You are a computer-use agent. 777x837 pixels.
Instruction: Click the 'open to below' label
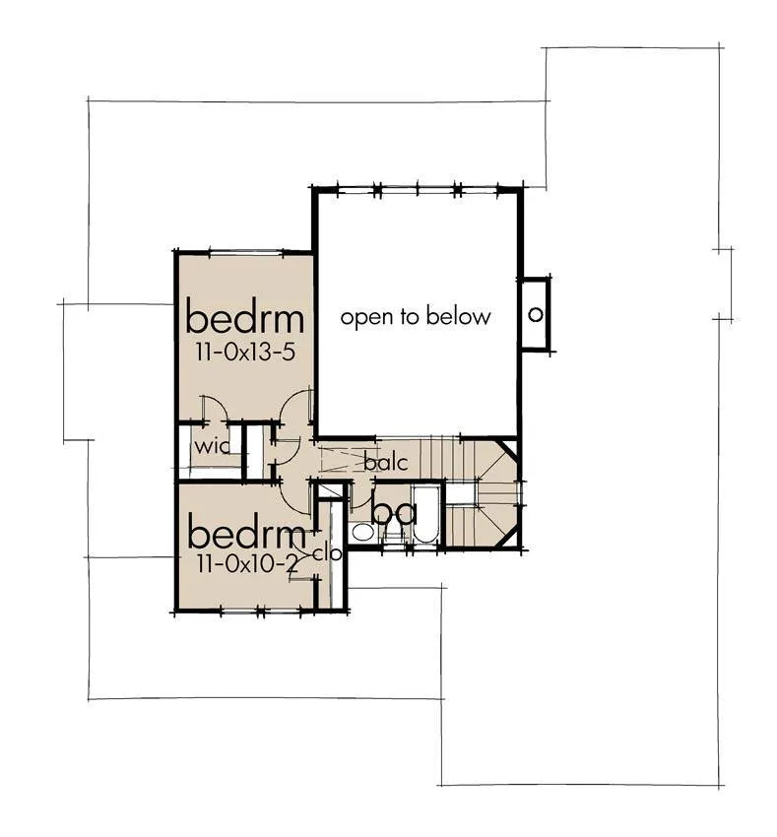(416, 317)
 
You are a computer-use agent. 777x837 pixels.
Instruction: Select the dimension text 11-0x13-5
(245, 353)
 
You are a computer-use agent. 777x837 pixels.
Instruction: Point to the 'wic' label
(212, 446)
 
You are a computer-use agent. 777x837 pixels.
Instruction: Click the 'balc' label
(386, 462)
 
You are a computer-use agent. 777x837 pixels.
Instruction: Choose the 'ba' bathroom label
(394, 512)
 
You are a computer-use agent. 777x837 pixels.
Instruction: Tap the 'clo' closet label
(327, 553)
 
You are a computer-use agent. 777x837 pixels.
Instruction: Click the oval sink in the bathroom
(363, 532)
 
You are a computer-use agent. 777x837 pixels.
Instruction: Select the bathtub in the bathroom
(425, 514)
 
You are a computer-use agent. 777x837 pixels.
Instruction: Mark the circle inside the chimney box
(535, 314)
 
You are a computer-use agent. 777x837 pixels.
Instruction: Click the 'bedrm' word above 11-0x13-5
(245, 318)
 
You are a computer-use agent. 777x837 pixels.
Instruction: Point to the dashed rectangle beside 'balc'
(349, 460)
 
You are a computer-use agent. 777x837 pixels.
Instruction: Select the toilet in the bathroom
(395, 534)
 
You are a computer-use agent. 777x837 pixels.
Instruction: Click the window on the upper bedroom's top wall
(245, 252)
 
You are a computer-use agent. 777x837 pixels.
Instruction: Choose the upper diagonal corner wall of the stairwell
(507, 449)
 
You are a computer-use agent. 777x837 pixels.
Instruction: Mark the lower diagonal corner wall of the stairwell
(508, 538)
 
